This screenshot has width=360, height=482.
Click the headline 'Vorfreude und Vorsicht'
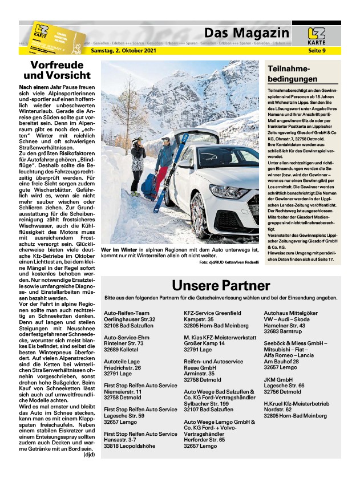60,70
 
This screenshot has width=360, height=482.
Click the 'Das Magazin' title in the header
246,32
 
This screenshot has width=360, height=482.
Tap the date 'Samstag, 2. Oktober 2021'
123,51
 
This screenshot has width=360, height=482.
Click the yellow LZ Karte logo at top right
316,35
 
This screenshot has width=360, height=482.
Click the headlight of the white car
228,191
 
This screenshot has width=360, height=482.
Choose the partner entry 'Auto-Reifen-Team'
127,313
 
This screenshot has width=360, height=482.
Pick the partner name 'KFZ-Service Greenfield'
212,313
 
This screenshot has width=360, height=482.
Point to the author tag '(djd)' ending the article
89,455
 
